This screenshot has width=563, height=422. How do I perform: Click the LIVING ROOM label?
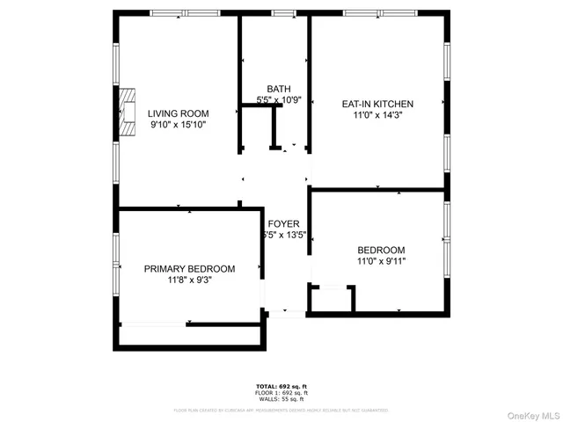tap(178, 113)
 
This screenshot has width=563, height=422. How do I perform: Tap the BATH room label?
tap(279, 89)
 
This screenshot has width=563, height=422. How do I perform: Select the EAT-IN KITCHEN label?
tap(377, 104)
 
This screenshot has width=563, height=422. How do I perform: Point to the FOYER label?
tap(283, 223)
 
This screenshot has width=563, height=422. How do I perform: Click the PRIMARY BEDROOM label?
tap(190, 269)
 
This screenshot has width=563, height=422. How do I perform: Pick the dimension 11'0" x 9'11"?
tap(381, 261)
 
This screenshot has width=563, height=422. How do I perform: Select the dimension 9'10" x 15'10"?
tap(178, 126)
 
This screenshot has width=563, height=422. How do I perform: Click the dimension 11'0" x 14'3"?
tap(377, 115)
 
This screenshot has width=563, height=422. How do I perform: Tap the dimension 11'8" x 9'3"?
tap(190, 280)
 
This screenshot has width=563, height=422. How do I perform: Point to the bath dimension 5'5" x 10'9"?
tap(279, 100)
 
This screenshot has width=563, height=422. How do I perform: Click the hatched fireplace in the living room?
tap(128, 112)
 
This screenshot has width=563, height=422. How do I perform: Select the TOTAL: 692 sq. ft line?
tap(282, 387)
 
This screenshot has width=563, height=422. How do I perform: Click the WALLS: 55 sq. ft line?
tap(282, 399)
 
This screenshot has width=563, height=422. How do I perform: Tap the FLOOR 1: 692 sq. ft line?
tap(282, 393)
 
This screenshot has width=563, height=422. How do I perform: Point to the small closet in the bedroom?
tap(331, 299)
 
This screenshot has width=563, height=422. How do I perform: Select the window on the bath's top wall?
tap(283, 13)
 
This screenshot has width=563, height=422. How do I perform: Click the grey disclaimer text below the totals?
tap(281, 410)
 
